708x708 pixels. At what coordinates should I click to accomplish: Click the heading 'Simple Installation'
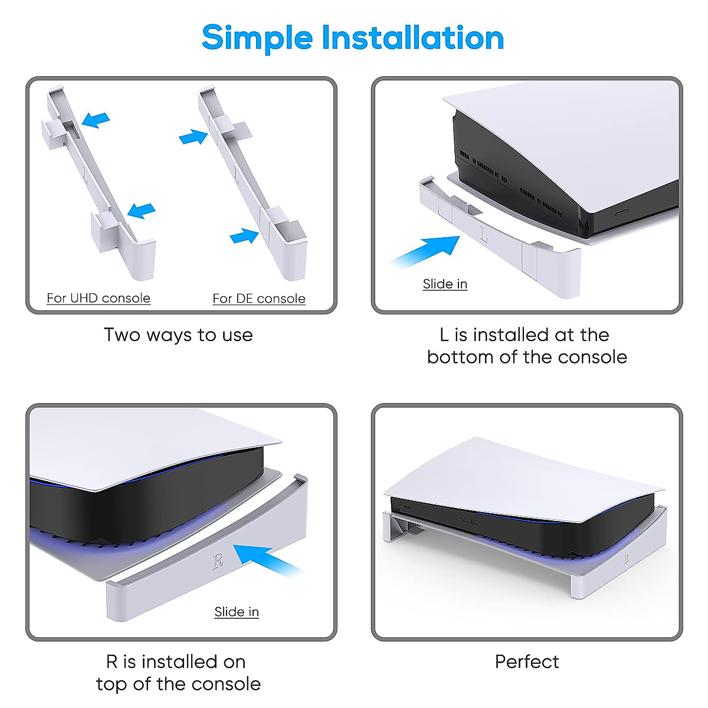click(353, 38)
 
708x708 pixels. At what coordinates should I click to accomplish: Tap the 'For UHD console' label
click(99, 299)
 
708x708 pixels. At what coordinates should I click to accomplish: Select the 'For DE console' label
click(259, 299)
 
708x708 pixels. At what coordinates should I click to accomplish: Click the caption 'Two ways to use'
click(178, 335)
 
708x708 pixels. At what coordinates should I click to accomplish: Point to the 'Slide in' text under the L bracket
click(445, 284)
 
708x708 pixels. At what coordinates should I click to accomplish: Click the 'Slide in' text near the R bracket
click(237, 612)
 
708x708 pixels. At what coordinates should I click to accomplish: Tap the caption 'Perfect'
click(527, 662)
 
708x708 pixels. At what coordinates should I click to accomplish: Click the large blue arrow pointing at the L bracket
click(428, 251)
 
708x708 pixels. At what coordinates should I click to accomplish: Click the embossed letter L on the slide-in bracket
click(484, 234)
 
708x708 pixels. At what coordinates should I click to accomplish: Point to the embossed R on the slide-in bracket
click(218, 560)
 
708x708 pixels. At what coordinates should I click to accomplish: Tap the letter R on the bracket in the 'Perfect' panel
click(626, 558)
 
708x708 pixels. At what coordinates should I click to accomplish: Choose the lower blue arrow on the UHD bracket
click(142, 210)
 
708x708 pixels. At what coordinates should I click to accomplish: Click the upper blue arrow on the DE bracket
click(193, 137)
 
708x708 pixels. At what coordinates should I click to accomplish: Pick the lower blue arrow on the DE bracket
click(244, 237)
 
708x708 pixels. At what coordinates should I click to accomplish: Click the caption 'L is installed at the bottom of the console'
click(527, 346)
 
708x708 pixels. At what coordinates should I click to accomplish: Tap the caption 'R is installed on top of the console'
click(178, 673)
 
